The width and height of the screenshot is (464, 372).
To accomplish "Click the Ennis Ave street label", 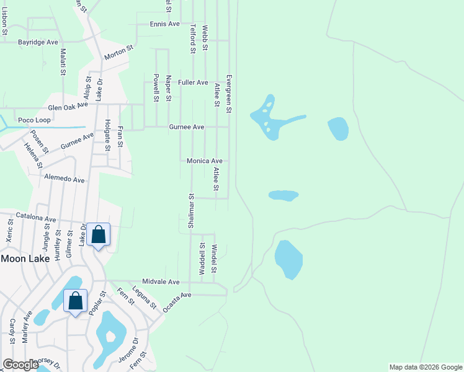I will coord(164,24).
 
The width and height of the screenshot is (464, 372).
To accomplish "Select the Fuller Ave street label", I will coord(193,82).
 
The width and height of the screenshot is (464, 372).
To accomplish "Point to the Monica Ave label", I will coord(204,161).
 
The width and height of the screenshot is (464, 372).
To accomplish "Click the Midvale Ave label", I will coord(160,281).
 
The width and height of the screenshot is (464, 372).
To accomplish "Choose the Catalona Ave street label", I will coord(35,219).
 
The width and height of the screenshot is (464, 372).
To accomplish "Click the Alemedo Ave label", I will coord(64,179).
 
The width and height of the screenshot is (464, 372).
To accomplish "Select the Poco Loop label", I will coord(34,120).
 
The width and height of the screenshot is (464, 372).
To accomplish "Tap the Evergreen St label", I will coord(229,94).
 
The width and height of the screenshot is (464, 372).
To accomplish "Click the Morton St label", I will coord(119,52).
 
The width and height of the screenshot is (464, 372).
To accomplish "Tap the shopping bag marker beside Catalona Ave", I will coord(98,235).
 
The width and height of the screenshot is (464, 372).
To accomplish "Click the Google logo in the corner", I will coord(20,365).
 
